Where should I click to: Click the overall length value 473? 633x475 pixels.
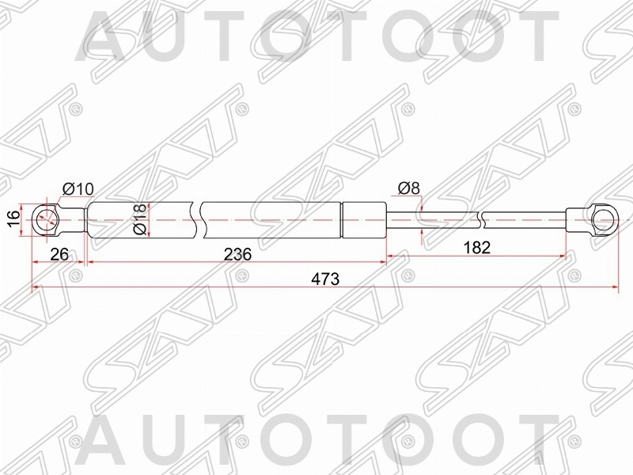[x=324, y=279]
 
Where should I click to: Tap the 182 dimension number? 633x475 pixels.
[x=476, y=247]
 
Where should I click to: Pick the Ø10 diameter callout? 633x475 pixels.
[x=78, y=189]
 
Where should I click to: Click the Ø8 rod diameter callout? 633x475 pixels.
[x=409, y=189]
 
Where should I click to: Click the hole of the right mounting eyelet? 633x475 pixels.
[x=604, y=219]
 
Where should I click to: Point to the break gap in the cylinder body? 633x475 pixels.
[x=199, y=219]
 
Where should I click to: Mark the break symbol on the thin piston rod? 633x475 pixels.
[x=481, y=219]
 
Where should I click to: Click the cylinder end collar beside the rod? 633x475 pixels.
[x=363, y=219]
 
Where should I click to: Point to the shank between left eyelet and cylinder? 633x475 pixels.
[x=74, y=219]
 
